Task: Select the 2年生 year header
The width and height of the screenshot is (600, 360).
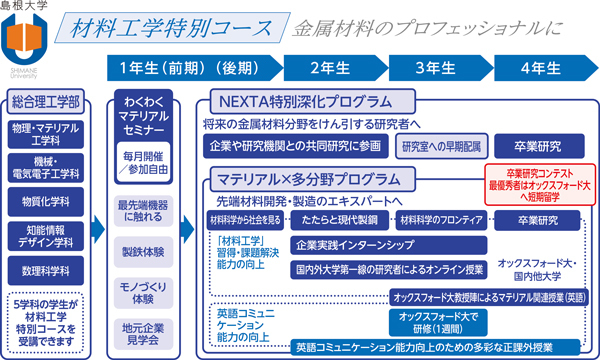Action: [x=328, y=69]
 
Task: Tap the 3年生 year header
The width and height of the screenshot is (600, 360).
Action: [x=435, y=69]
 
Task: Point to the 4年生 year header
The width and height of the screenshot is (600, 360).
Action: [x=539, y=69]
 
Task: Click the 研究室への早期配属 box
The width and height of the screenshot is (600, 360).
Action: [x=440, y=146]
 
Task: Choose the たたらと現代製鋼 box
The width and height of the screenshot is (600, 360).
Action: [x=339, y=219]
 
